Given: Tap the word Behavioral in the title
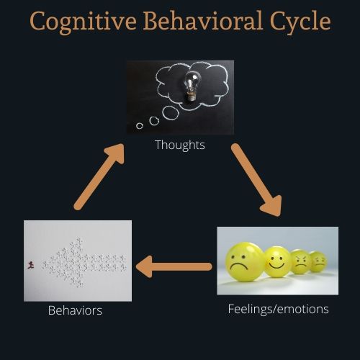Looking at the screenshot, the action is pos(203,21).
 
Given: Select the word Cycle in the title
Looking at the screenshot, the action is pos(300,22).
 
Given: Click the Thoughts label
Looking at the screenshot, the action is pos(180,145).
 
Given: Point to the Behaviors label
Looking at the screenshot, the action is pos(75,310).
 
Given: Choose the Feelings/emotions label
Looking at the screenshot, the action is pos(278,309).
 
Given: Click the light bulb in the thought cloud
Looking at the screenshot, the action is pos(192,86).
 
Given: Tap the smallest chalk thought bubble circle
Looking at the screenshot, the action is pos(140,125).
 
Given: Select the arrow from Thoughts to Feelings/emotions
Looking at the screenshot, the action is pos(256,180).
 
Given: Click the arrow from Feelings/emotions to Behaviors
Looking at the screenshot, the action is pos(174,266).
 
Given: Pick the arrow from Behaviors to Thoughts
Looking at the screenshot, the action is pos(99,177).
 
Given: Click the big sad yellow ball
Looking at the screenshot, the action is pos(244,262).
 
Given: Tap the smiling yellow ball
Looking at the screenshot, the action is pos(277,262).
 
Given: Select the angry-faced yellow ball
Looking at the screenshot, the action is pos(301,262).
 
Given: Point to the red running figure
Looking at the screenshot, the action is pos(30,265).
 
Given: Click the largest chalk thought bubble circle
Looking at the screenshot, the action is pos(171,112).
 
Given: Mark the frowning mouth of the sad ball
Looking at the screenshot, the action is pos(238,266).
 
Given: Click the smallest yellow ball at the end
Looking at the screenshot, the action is pos(318,261).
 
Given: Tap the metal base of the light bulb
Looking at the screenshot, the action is pos(192,96).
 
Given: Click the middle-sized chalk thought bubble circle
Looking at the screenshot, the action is pos(154,121).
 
